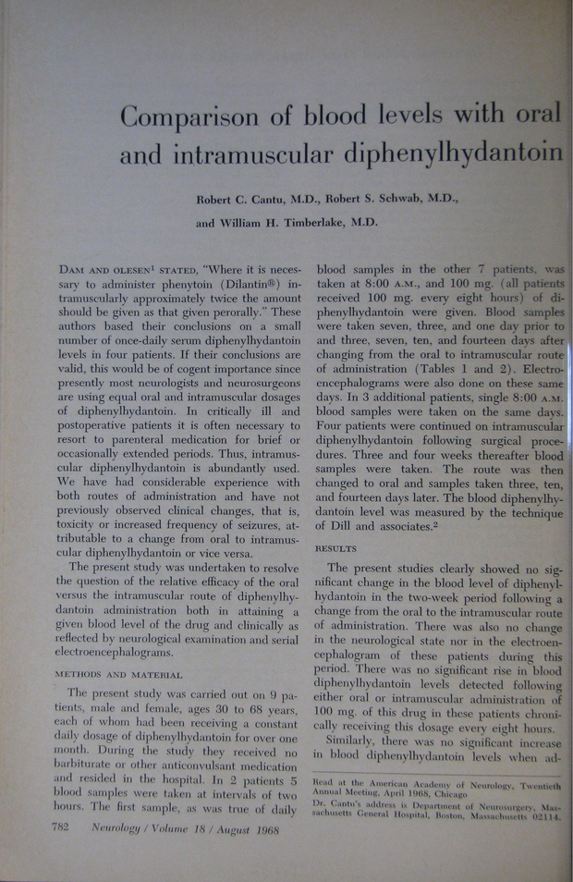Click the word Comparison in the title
[x=193, y=117]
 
